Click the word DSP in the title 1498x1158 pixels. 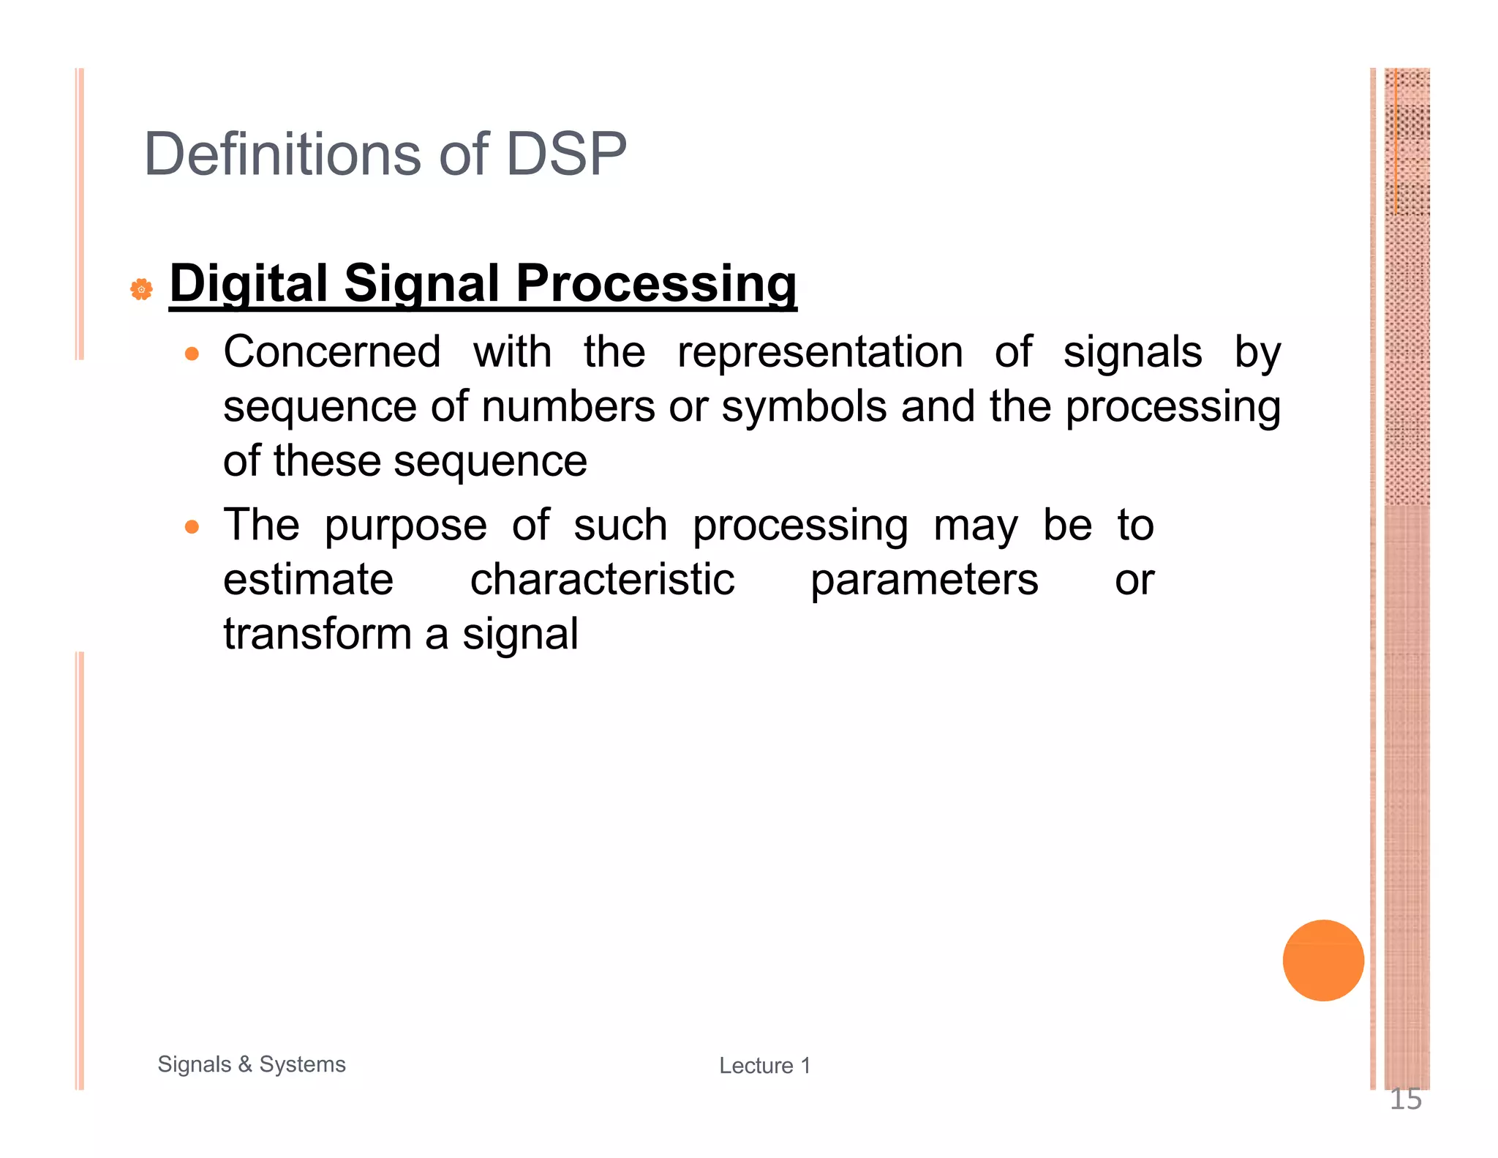point(565,154)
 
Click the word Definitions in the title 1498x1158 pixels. point(282,154)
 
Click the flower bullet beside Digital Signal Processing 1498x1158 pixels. point(141,289)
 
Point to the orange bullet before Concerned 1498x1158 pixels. point(192,354)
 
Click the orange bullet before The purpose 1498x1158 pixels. point(192,527)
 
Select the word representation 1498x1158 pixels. point(819,352)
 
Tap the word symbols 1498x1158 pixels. point(803,407)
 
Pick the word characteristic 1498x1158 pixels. point(601,580)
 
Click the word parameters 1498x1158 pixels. point(923,581)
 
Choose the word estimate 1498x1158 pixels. point(308,580)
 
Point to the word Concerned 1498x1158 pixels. point(332,352)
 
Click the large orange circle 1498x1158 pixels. point(1322,960)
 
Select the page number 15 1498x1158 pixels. point(1404,1099)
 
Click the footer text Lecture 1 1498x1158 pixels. point(764,1066)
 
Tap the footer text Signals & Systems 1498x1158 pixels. point(252,1064)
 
